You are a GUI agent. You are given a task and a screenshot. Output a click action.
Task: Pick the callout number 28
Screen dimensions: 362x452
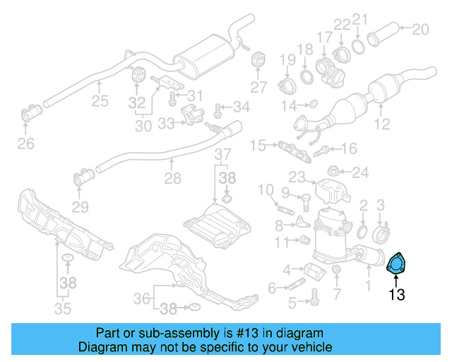coord(172,179)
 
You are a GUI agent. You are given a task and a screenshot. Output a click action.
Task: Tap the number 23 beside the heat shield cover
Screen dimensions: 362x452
coord(296,177)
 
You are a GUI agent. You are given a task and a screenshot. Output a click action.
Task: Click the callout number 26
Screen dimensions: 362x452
coord(25,145)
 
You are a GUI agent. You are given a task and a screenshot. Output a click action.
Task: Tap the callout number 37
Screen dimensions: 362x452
coord(222,154)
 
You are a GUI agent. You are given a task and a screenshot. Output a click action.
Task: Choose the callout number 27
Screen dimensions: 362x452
coord(259,87)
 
